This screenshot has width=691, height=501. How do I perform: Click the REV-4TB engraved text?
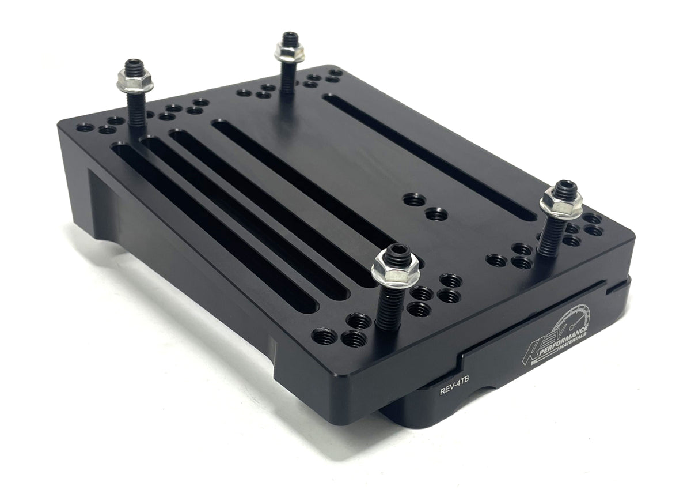tap(452, 390)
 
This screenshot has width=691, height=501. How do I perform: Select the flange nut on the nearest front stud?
tap(396, 271)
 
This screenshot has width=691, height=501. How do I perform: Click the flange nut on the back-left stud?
tap(135, 81)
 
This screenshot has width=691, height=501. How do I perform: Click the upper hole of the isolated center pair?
tap(415, 200)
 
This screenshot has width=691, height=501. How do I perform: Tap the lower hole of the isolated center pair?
tap(437, 215)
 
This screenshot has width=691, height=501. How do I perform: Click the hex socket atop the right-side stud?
tap(563, 187)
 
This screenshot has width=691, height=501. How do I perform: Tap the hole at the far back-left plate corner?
tap(85, 127)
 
